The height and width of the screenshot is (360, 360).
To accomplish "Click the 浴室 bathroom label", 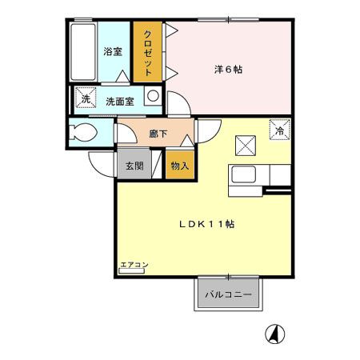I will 113,52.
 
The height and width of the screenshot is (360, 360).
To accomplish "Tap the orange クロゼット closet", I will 148,50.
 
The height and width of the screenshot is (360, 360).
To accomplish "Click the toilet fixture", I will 82,133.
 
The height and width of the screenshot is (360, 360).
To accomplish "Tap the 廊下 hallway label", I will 158,134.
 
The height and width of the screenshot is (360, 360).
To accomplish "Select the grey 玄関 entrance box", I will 133,166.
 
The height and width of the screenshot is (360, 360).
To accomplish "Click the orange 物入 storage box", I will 179,166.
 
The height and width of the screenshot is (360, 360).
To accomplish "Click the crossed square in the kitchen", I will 245,145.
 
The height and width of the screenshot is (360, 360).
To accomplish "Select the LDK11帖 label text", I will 205,224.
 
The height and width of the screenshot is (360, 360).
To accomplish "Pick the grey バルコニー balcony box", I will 228,294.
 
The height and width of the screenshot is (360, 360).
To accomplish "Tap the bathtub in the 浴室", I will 82,50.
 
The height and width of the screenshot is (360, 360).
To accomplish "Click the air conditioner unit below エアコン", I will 131,271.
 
